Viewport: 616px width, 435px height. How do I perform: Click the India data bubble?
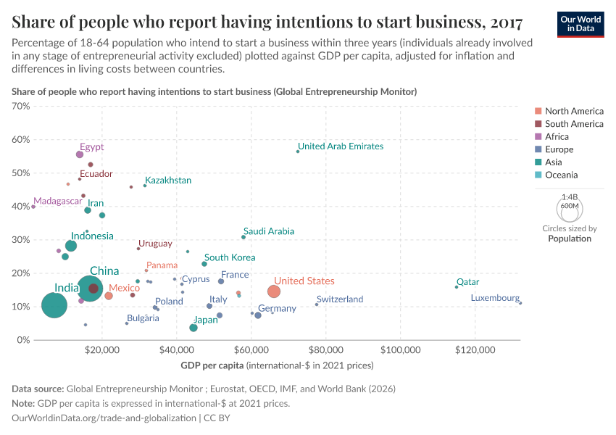54,305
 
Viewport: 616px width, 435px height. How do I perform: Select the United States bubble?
273,291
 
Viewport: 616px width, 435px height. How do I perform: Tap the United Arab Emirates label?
341,146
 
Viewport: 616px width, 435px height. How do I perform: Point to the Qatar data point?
457,287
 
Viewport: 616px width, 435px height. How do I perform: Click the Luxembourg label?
495,298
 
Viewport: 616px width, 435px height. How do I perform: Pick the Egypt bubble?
80,154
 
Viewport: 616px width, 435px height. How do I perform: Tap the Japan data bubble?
193,328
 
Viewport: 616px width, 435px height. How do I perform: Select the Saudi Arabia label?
269,231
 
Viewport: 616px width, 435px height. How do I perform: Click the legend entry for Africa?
557,136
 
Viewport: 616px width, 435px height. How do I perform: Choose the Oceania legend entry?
561,175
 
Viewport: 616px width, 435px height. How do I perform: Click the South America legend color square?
537,124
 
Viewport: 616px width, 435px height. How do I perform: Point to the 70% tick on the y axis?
21,106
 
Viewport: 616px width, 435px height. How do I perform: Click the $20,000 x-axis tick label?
101,350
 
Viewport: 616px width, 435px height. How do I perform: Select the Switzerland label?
340,299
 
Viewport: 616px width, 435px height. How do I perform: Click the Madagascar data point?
33,207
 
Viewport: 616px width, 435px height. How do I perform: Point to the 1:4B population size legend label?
570,196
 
